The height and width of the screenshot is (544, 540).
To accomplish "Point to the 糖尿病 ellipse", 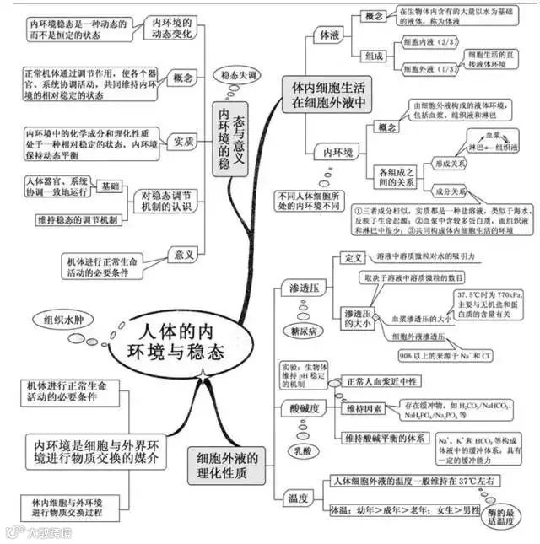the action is click(x=303, y=330).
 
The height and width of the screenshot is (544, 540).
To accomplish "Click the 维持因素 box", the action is click(x=364, y=409).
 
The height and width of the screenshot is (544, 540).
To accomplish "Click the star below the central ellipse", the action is click(x=202, y=372).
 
